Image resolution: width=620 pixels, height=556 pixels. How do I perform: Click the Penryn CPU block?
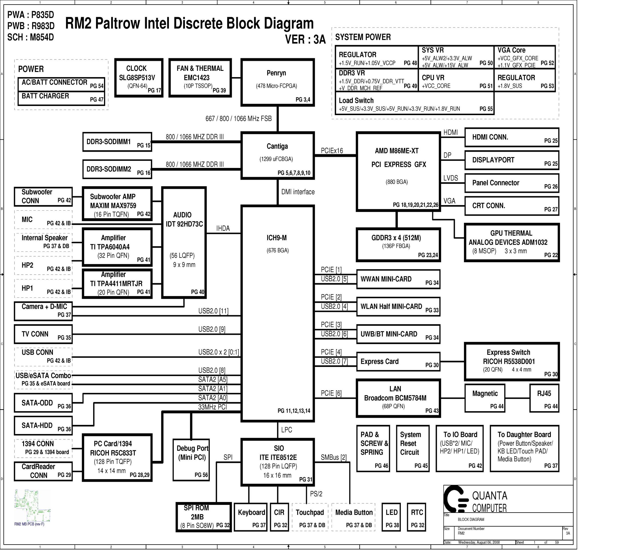click(x=278, y=83)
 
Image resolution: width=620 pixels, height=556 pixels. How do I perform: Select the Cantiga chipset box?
click(x=278, y=155)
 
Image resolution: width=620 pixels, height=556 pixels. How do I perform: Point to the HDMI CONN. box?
click(x=512, y=137)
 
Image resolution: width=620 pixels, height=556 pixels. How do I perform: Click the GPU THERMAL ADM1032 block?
click(x=512, y=243)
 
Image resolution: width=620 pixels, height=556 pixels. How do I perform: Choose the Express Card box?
click(x=398, y=362)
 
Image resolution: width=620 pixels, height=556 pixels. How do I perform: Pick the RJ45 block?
click(x=544, y=398)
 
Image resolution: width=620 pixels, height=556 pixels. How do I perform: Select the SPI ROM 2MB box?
click(x=204, y=517)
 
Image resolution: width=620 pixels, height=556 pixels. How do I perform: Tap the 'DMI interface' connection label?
click(x=298, y=192)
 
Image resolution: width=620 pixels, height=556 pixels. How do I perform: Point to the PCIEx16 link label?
click(x=332, y=151)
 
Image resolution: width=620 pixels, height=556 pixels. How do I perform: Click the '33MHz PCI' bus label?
click(x=212, y=407)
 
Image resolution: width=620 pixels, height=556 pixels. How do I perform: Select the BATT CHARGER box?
click(x=61, y=98)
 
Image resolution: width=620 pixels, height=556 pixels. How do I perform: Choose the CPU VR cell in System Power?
click(x=456, y=80)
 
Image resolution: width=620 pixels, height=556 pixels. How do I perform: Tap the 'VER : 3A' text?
click(x=305, y=39)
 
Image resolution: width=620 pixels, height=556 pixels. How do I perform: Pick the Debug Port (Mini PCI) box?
click(x=191, y=460)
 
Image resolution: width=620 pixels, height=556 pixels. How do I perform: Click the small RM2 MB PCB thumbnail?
click(x=32, y=506)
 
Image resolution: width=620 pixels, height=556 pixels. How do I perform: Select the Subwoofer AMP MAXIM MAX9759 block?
click(x=117, y=204)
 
